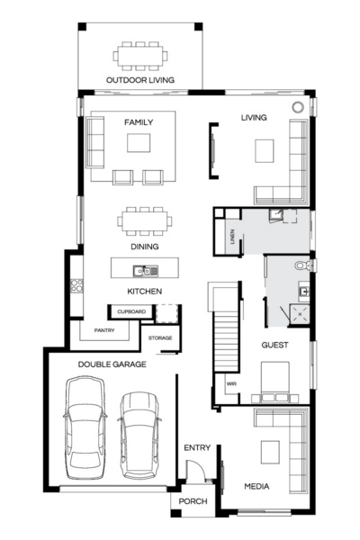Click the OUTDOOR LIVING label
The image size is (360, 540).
(x=139, y=80)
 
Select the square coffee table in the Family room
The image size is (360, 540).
(x=139, y=144)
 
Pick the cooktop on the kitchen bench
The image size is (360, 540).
(x=76, y=288)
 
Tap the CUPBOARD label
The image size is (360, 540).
(x=129, y=312)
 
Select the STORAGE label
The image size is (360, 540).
(x=161, y=337)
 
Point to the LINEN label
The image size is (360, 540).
(x=233, y=238)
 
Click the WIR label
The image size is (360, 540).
(x=231, y=383)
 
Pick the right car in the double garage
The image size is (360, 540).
(x=140, y=432)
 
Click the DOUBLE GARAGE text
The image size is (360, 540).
(x=112, y=364)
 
